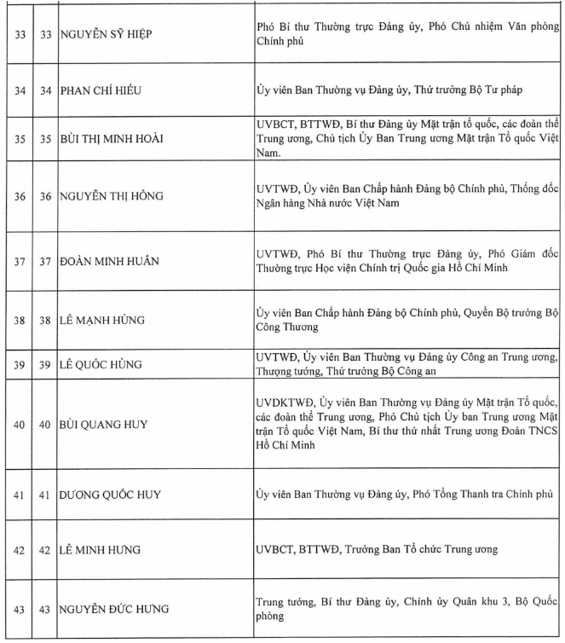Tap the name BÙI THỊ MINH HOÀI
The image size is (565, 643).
click(x=111, y=138)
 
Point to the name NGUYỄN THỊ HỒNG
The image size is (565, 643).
click(x=111, y=195)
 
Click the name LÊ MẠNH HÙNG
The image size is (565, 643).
click(x=102, y=320)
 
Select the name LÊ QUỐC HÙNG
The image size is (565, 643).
click(x=101, y=365)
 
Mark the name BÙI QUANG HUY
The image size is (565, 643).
click(x=103, y=424)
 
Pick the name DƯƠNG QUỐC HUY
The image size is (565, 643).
click(x=111, y=494)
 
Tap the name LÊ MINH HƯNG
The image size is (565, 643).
click(x=101, y=550)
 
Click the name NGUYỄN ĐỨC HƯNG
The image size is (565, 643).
click(x=114, y=609)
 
